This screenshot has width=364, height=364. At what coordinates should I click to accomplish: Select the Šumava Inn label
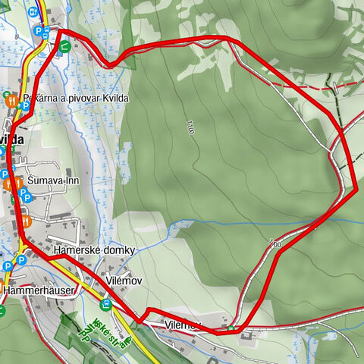pyautogui.click(x=58, y=181)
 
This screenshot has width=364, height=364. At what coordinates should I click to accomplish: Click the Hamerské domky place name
pyautogui.click(x=94, y=250)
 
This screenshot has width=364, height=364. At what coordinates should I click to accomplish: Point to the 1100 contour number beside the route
pyautogui.click(x=274, y=245)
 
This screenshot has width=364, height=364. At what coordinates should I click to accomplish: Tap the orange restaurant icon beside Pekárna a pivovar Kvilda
pyautogui.click(x=11, y=99)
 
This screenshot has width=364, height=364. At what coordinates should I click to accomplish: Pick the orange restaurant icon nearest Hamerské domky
pyautogui.click(x=26, y=221)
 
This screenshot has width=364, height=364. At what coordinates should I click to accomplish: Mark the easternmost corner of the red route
pyautogui.click(x=356, y=187)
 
